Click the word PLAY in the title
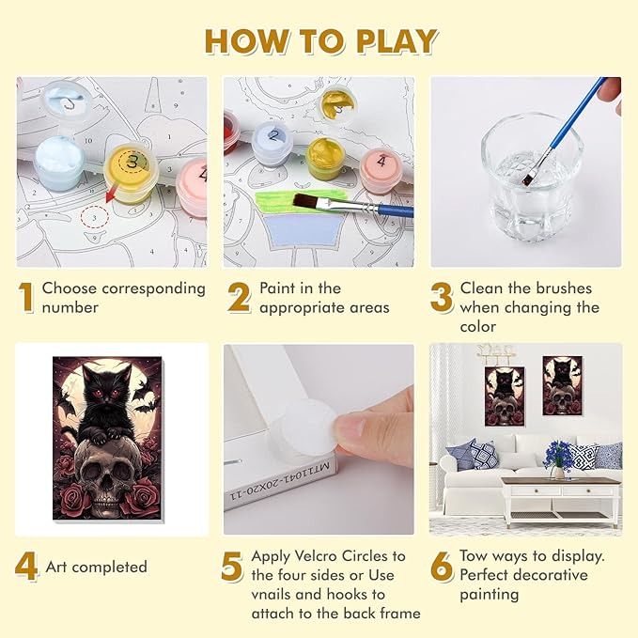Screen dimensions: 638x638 point(397,41)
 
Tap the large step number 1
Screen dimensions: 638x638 point(26,298)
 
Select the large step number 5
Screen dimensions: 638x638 point(232,566)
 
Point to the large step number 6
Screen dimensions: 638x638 point(441,566)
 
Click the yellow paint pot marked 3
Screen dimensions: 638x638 point(131,173)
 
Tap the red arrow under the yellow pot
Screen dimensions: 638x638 point(110,194)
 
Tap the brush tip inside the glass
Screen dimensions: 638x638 point(528,178)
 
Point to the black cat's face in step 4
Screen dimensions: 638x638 point(107,392)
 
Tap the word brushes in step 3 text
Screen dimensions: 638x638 point(564,288)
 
